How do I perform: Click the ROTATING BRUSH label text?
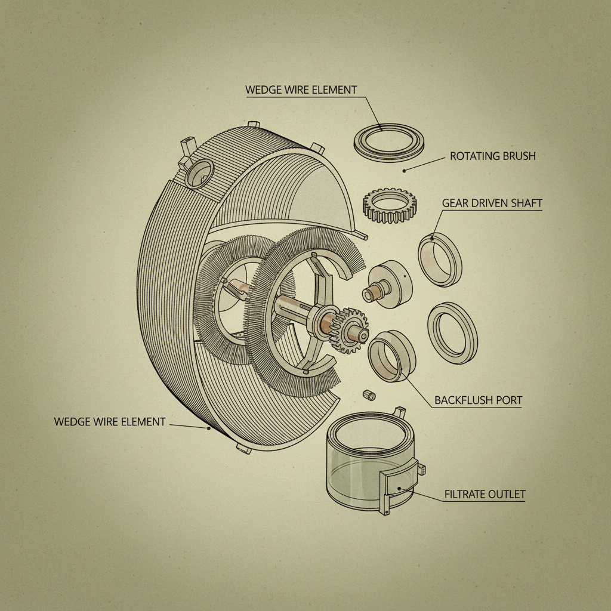pos(492,156)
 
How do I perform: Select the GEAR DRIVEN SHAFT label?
pos(492,203)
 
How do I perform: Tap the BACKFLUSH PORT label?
pos(477,400)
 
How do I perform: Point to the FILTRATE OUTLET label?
pos(485,494)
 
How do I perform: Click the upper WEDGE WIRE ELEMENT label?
pos(301,90)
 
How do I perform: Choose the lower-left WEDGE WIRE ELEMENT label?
pos(110,422)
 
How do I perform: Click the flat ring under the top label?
pos(388,141)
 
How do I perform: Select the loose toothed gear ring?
pos(390,205)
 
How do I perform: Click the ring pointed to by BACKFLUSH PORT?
pos(391,356)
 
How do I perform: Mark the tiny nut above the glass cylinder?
pos(369,395)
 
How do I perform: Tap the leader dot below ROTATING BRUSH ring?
pos(404,171)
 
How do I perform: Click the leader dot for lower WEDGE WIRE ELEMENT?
pos(208,428)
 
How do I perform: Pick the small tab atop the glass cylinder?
pos(399,411)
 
